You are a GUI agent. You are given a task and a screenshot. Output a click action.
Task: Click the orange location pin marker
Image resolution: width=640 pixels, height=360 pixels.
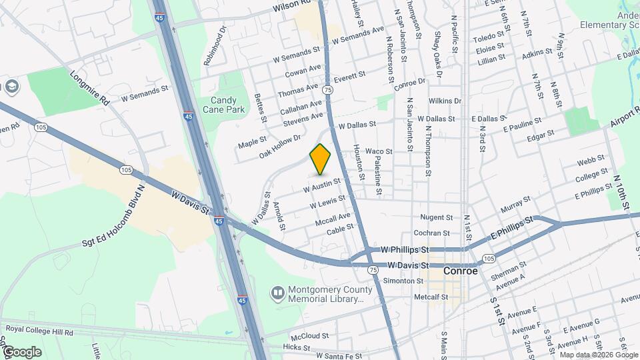pos(321,159)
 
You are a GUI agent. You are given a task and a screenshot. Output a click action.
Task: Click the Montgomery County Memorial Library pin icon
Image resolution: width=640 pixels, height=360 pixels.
pos(277,293)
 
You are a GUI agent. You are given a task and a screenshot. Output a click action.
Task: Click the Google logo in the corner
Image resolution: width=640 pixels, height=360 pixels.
pos(21,351)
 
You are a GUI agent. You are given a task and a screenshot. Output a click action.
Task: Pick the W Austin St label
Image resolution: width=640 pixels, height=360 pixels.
pos(321,185)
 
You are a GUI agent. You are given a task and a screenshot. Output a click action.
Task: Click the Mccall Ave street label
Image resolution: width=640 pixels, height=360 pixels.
pos(333,218)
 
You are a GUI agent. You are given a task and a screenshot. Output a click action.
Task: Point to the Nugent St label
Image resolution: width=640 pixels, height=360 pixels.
pos(436,217)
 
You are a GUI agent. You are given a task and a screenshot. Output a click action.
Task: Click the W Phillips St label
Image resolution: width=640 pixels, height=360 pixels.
pos(404,249)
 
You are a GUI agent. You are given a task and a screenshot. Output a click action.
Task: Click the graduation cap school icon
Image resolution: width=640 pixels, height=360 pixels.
pos(11,87)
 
